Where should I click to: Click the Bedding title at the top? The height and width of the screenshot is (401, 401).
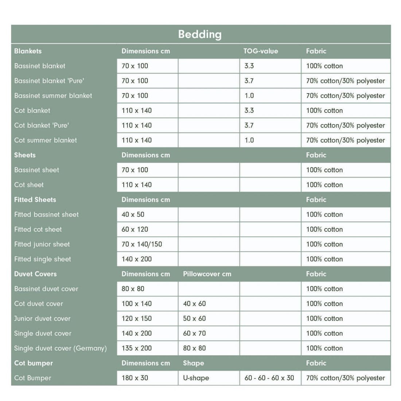pyautogui.click(x=200, y=34)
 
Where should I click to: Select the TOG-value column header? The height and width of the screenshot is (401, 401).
pyautogui.click(x=260, y=51)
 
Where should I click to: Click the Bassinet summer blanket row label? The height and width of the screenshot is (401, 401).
pyautogui.click(x=53, y=96)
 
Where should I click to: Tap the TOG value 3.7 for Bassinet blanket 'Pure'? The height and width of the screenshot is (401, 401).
pyautogui.click(x=249, y=81)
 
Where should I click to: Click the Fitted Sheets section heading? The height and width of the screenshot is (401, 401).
pyautogui.click(x=35, y=199)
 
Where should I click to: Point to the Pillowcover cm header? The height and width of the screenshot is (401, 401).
pyautogui.click(x=207, y=274)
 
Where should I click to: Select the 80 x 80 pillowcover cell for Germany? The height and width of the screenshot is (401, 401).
pyautogui.click(x=194, y=348)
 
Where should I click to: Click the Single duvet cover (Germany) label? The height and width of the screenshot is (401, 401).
pyautogui.click(x=61, y=348)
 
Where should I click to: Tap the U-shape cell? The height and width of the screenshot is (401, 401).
pyautogui.click(x=196, y=378)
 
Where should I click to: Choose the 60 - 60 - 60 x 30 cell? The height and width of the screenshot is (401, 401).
pyautogui.click(x=269, y=378)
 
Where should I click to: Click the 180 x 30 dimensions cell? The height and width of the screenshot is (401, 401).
pyautogui.click(x=135, y=378)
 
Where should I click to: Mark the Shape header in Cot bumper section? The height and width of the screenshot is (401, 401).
pyautogui.click(x=194, y=363)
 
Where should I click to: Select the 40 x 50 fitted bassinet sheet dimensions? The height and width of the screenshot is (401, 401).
pyautogui.click(x=133, y=214)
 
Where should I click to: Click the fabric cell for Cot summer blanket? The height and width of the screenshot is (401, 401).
pyautogui.click(x=345, y=140)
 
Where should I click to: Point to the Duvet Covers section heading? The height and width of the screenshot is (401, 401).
pyautogui.click(x=35, y=274)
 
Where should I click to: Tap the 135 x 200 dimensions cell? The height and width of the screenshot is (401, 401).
pyautogui.click(x=137, y=348)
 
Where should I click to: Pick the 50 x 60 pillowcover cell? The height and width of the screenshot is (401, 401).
pyautogui.click(x=194, y=318)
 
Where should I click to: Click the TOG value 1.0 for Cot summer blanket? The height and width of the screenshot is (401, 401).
pyautogui.click(x=249, y=140)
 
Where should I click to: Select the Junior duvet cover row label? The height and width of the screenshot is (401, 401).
pyautogui.click(x=42, y=318)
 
